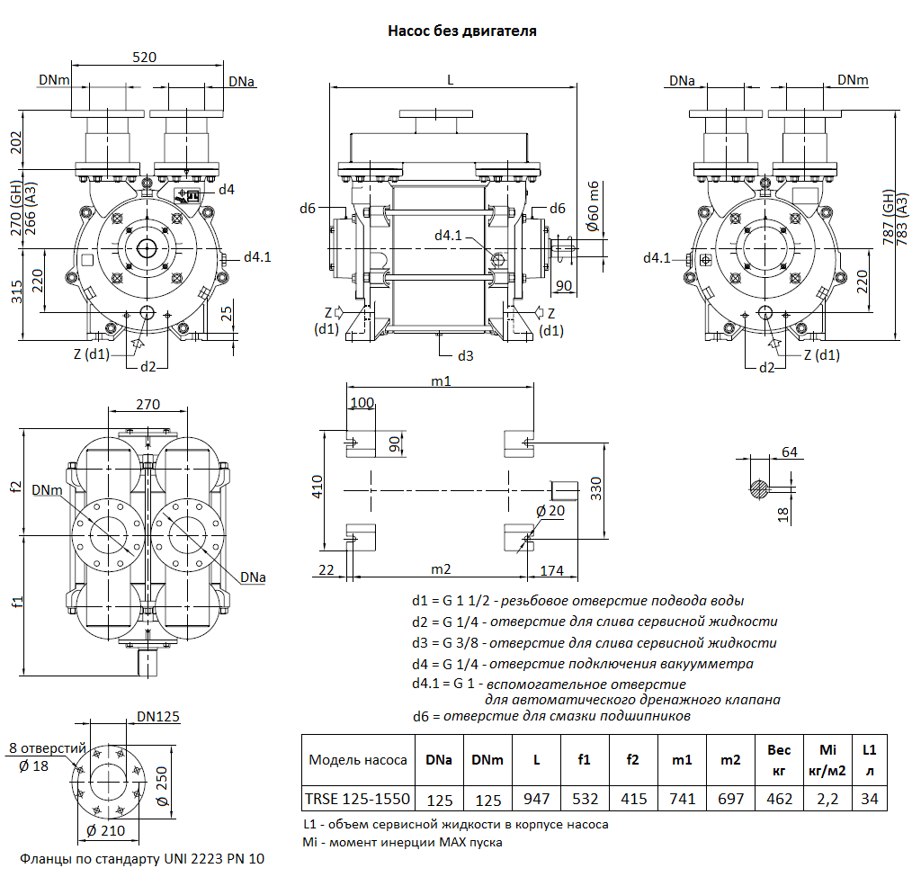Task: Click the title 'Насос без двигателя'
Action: [461, 31]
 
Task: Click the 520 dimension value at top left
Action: [144, 57]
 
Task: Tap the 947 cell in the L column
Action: [537, 798]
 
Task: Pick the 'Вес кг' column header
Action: [779, 760]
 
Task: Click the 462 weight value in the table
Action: [779, 798]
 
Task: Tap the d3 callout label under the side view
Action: [465, 355]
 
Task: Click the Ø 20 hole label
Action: [550, 511]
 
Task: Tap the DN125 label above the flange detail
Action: [158, 717]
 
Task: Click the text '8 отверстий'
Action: [47, 748]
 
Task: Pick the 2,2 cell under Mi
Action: [827, 798]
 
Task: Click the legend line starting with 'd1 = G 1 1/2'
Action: [577, 600]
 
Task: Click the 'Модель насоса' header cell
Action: [358, 760]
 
